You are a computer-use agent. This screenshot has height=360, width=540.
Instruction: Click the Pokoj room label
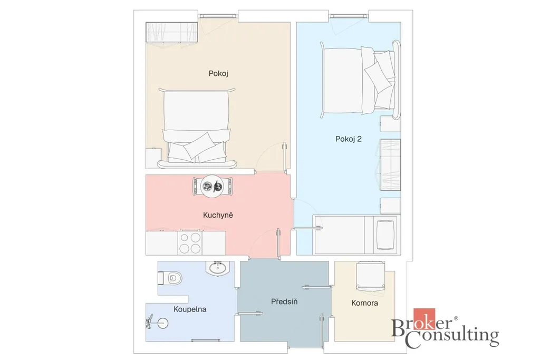pyautogui.click(x=218, y=73)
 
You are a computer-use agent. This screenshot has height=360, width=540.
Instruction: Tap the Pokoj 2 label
pyautogui.click(x=349, y=139)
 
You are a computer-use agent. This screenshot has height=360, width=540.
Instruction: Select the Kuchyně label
pyautogui.click(x=218, y=215)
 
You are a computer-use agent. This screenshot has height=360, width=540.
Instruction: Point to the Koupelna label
pyautogui.click(x=190, y=309)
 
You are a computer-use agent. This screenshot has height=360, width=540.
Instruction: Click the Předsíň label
pyautogui.click(x=284, y=301)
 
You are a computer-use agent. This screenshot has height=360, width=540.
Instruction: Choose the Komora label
pyautogui.click(x=365, y=303)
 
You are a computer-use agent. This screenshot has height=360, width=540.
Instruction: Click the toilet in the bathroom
pyautogui.click(x=170, y=278)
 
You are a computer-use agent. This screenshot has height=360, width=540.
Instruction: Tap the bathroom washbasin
pyautogui.click(x=217, y=268)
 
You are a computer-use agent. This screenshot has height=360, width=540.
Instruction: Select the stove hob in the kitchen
pyautogui.click(x=190, y=242)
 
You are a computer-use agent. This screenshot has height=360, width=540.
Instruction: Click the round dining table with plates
pyautogui.click(x=212, y=187)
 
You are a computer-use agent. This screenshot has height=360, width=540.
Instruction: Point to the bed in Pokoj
pyautogui.click(x=197, y=128)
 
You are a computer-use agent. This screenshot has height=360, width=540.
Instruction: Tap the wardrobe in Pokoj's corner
pyautogui.click(x=171, y=32)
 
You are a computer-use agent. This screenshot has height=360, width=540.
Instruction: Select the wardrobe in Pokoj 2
pyautogui.click(x=390, y=165)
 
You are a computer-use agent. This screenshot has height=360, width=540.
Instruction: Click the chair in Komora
pyautogui.click(x=371, y=276)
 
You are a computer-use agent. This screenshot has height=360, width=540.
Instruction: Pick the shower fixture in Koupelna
pyautogui.click(x=157, y=323)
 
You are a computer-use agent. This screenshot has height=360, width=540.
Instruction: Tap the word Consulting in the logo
pyautogui.click(x=452, y=337)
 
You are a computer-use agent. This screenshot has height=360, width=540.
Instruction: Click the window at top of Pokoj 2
pyautogui.click(x=349, y=16)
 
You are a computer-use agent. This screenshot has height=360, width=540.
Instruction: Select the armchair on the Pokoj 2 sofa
pyautogui.click(x=385, y=235)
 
